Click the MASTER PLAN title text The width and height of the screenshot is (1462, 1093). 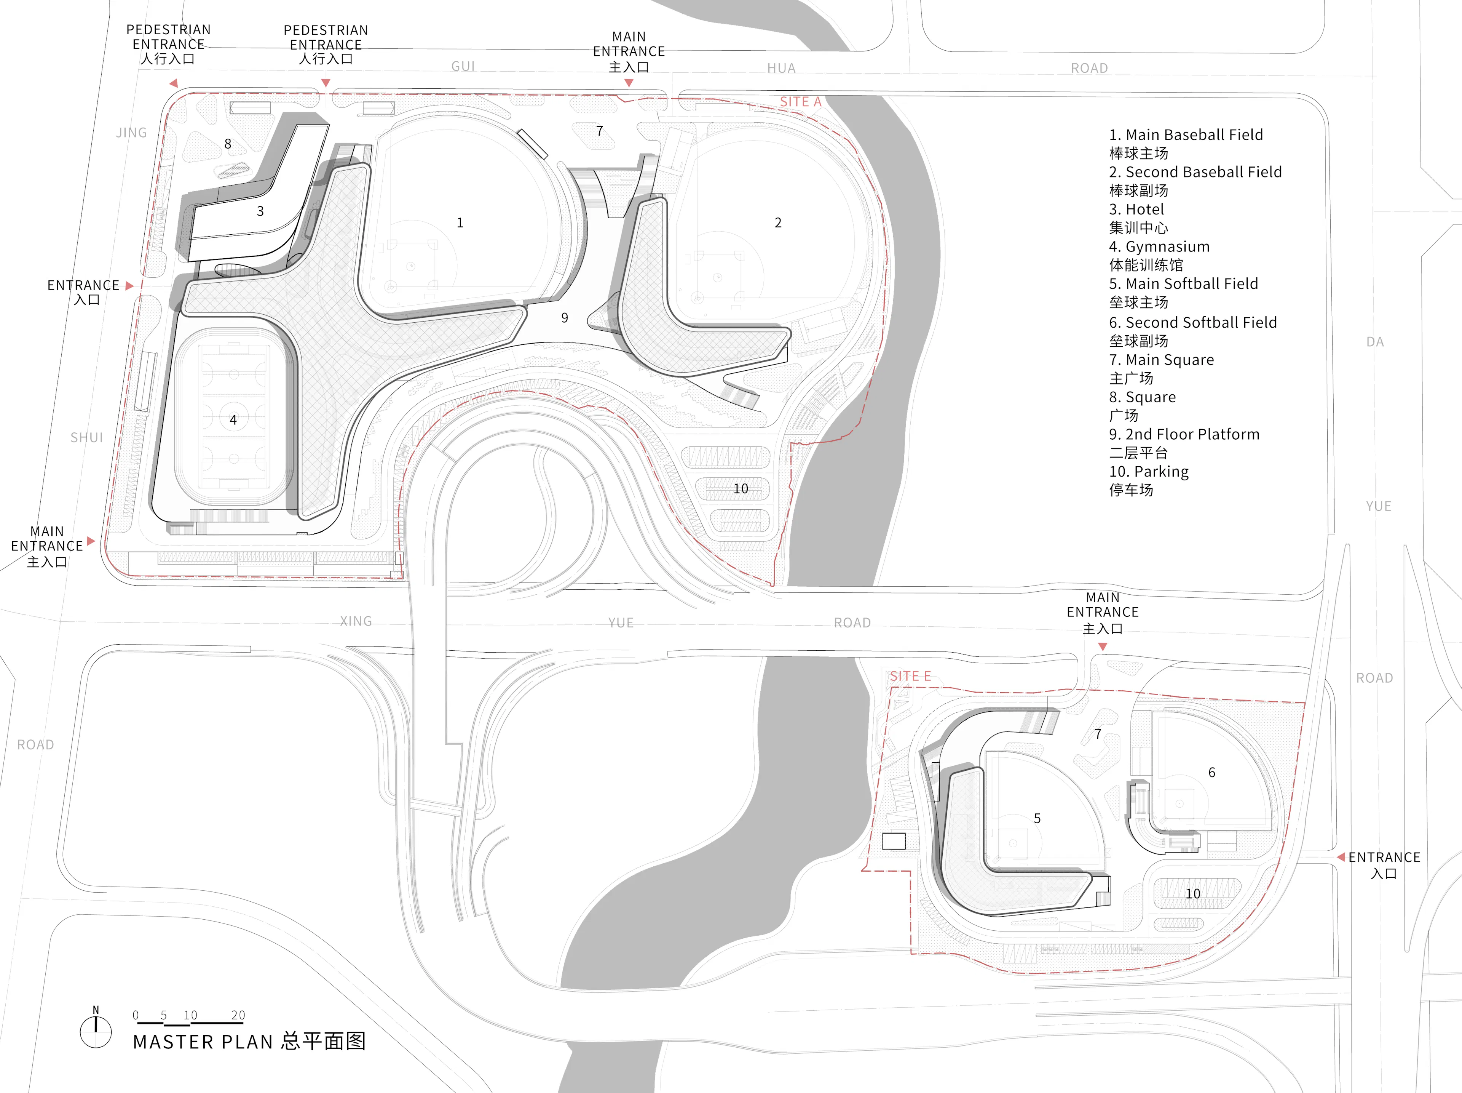[x=249, y=1042]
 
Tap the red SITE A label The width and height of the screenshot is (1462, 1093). [x=800, y=102]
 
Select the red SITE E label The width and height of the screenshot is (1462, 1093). [x=910, y=676]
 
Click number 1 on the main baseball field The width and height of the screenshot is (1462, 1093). [x=460, y=223]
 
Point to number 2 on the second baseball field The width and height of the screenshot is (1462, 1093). [x=778, y=223]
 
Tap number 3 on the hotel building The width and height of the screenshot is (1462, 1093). [x=260, y=211]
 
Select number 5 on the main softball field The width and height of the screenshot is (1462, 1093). [x=1037, y=819]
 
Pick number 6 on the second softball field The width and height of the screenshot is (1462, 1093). [x=1211, y=772]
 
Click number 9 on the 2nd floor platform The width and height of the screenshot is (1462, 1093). [x=565, y=317]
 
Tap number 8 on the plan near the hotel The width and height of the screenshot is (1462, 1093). [x=228, y=144]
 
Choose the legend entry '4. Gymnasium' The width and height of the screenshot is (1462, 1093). [x=1159, y=246]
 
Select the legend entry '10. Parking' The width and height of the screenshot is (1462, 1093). [x=1149, y=472]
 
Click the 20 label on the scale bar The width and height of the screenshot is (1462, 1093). [x=238, y=1015]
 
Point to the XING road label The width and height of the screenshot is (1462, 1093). [x=356, y=621]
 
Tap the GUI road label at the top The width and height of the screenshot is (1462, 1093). [x=463, y=66]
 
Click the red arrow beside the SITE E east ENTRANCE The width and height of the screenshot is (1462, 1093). [x=1341, y=857]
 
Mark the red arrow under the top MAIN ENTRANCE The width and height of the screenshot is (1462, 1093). [x=629, y=83]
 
